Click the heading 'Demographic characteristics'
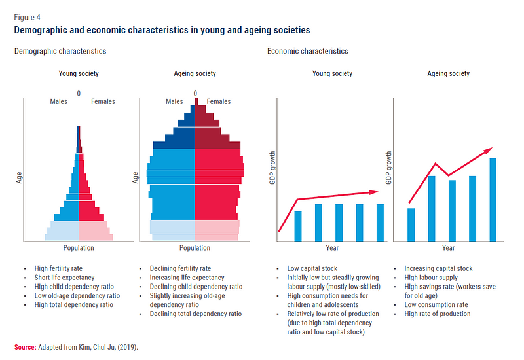pos(60,51)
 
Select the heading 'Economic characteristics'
pos(308,51)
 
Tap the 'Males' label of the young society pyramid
pos(59,101)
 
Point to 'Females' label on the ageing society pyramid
pos(219,101)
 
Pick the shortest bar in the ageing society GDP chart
pos(411,225)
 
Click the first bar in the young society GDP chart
pos(298,226)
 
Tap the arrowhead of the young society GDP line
pos(374,192)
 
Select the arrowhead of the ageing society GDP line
pos(488,151)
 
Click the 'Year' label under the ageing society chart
pos(448,248)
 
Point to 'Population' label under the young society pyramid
pos(79,248)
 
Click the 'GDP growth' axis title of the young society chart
pos(272,167)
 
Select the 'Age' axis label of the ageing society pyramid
pos(135,177)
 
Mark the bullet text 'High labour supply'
pos(431,278)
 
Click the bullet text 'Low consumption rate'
pos(436,304)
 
